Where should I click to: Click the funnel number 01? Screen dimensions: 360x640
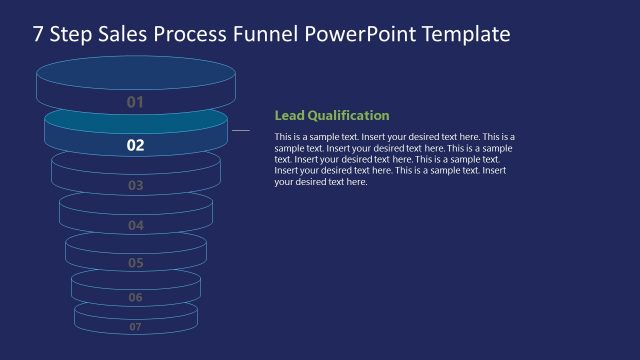click(136, 102)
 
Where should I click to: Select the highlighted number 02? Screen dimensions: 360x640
click(136, 145)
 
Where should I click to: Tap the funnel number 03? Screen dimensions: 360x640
click(136, 186)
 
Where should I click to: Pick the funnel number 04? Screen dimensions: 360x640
click(136, 226)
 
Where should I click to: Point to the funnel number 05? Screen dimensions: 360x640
click(136, 263)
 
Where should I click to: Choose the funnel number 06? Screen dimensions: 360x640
click(136, 297)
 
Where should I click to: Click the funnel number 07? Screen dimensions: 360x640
click(136, 326)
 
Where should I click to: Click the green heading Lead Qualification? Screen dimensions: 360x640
click(332, 115)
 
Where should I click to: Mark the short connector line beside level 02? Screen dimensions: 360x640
click(241, 130)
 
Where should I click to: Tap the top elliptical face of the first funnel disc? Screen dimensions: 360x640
click(136, 74)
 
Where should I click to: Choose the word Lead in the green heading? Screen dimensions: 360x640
click(288, 115)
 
